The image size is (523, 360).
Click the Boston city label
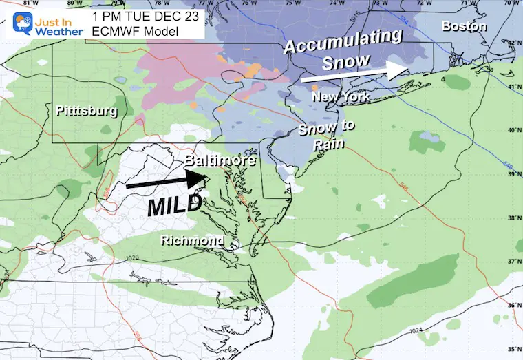pos(464,27)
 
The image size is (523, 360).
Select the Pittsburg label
pos(87,110)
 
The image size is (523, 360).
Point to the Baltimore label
pos(220,161)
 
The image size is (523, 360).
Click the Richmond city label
pos(192,240)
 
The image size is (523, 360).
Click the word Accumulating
pos(343,42)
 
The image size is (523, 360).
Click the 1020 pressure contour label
pos(132,258)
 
